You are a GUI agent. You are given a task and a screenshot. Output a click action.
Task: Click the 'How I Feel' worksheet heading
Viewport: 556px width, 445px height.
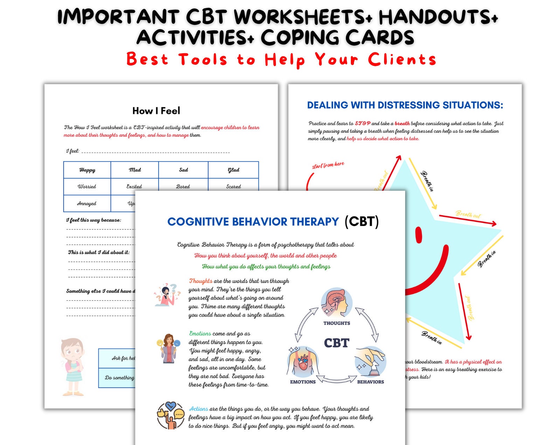coord(156,111)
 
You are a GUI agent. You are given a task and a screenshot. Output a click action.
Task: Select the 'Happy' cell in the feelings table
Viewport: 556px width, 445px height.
coord(87,170)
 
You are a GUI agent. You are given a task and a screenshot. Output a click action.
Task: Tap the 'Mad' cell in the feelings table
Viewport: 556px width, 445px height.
coord(135,170)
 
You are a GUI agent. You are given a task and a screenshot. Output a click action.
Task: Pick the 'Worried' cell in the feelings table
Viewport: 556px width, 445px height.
coord(87,186)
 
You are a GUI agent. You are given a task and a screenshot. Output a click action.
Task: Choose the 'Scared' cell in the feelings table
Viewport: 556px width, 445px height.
coord(234,186)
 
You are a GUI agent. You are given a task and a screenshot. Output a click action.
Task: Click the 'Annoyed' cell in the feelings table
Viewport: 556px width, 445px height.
coord(86,203)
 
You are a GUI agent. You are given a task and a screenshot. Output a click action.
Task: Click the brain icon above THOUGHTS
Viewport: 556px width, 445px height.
coord(336,302)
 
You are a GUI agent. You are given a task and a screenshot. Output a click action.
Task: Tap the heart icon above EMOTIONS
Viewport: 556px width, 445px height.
coord(303,363)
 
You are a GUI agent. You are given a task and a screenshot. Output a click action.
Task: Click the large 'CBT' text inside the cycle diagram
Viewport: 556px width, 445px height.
coord(336,343)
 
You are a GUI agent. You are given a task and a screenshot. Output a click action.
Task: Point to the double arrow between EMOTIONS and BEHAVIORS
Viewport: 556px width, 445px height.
coord(336,379)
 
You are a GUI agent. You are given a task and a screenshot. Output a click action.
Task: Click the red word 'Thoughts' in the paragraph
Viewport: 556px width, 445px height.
coord(201,281)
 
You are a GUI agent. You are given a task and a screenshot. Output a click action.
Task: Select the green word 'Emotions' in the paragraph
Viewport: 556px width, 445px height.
coord(200,334)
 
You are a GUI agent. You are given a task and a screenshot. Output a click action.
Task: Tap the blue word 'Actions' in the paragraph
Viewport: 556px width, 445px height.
coord(199,409)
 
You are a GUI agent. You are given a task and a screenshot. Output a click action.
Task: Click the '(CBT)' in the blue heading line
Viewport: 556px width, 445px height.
coord(361,221)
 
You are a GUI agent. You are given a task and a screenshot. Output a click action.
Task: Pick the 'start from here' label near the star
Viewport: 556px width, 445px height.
coord(328,165)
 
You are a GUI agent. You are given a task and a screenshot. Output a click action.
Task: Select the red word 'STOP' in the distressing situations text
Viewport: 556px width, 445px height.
coord(362,123)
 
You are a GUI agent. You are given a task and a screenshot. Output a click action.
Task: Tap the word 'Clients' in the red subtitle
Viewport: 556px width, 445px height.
coord(402,59)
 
